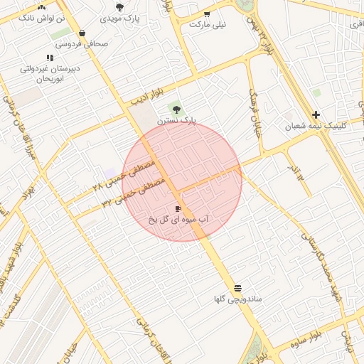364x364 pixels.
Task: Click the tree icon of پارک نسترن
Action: [x=176, y=109]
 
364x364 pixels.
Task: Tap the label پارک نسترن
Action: [x=178, y=121]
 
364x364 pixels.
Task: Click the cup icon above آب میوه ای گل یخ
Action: [x=178, y=208]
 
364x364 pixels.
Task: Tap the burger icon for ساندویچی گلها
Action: [x=237, y=288]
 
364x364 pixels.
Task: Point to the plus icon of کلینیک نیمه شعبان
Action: [x=316, y=114]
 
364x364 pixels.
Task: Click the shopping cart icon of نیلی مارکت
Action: [x=207, y=14]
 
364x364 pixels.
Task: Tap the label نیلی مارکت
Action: [x=208, y=24]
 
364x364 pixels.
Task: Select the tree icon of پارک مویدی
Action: [x=119, y=7]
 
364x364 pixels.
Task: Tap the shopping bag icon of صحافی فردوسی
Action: [x=82, y=33]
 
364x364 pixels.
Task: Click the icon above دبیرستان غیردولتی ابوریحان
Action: [x=49, y=58]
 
